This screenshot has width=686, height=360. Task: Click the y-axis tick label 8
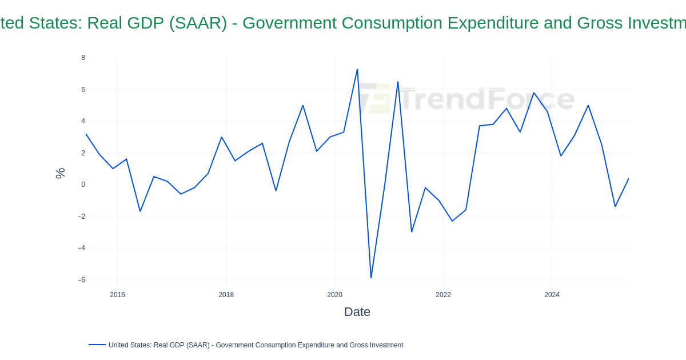(83, 58)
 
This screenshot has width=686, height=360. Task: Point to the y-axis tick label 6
(83, 90)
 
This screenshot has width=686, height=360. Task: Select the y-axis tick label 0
(83, 185)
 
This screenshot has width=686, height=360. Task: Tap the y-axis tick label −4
(81, 248)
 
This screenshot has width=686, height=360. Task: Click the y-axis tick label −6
(81, 280)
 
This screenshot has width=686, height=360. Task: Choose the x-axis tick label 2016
(117, 295)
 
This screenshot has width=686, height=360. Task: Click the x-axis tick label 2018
(226, 295)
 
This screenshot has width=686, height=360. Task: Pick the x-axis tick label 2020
(334, 295)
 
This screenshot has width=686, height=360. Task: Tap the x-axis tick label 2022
(443, 295)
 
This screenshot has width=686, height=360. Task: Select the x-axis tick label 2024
(552, 295)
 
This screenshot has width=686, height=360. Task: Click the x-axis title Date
(357, 312)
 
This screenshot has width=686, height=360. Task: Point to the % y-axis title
(60, 173)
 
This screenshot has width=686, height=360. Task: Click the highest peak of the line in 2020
(357, 69)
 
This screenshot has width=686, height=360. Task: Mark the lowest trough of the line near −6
(371, 278)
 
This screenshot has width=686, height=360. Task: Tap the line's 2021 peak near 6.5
(398, 82)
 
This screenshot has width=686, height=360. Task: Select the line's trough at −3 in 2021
(412, 231)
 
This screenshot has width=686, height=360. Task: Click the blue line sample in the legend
(97, 345)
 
